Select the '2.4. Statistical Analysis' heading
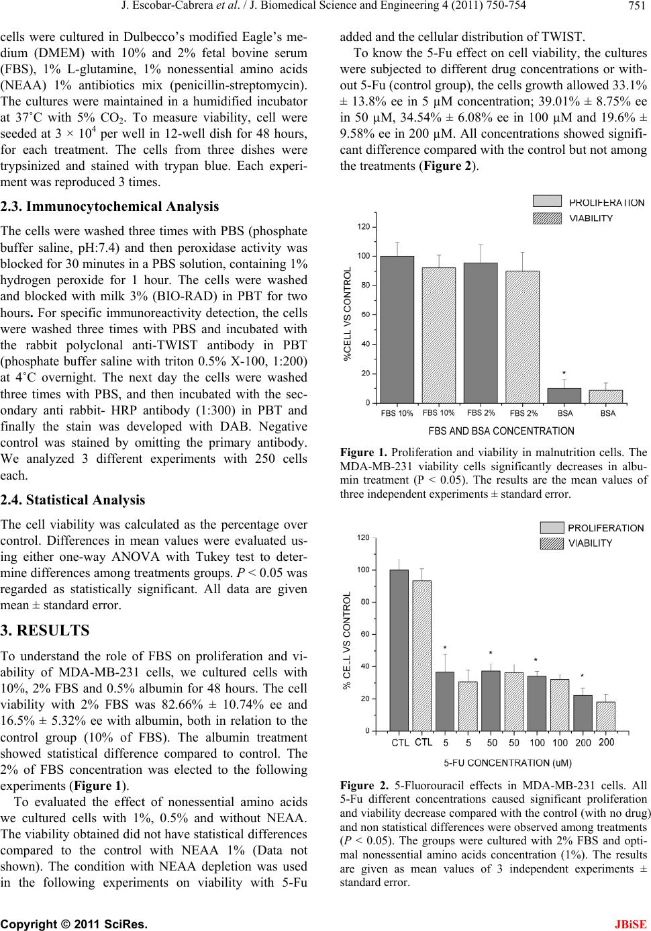click(72, 500)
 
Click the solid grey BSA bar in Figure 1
click(564, 396)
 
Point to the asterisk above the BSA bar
click(564, 373)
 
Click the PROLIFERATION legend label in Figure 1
click(606, 202)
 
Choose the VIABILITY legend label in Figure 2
click(590, 543)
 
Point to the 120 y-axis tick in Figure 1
click(363, 227)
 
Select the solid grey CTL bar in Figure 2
click(399, 650)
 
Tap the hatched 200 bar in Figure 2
click(605, 716)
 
